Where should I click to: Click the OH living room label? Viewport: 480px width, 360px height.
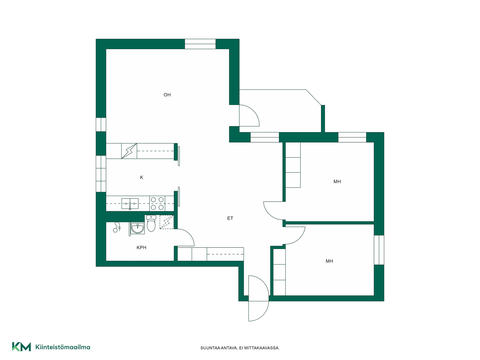(167, 95)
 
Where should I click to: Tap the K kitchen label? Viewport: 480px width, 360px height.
(141, 177)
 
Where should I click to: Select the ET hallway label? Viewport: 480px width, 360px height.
(230, 218)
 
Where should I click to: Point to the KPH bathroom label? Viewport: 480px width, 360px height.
(141, 247)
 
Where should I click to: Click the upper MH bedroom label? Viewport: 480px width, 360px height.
(337, 181)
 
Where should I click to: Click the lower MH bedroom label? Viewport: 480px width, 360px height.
(329, 261)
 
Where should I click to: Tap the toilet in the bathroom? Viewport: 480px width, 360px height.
(151, 223)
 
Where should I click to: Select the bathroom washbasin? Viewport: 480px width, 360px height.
(138, 228)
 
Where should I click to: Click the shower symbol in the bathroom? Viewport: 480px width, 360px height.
(117, 227)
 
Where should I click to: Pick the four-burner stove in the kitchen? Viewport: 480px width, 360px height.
(157, 203)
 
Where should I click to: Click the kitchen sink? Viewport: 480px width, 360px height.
(130, 204)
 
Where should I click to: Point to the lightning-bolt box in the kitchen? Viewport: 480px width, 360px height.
(129, 151)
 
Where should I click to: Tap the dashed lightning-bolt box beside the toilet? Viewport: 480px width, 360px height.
(166, 222)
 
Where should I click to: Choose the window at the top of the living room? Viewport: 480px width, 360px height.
(200, 44)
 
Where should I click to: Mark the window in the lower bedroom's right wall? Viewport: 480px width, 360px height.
(379, 250)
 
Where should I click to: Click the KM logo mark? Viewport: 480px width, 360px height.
(21, 347)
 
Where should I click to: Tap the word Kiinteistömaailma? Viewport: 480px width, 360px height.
(63, 347)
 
